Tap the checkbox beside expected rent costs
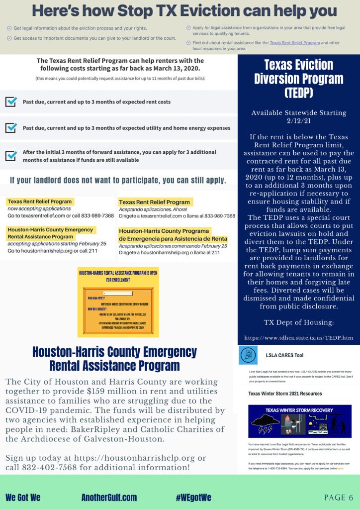click(11, 102)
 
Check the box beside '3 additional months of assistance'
click(11, 156)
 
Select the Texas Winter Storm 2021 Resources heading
click(285, 393)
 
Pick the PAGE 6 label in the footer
click(338, 497)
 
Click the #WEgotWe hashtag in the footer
click(193, 497)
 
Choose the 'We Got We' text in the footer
click(23, 497)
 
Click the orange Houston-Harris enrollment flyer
click(118, 304)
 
